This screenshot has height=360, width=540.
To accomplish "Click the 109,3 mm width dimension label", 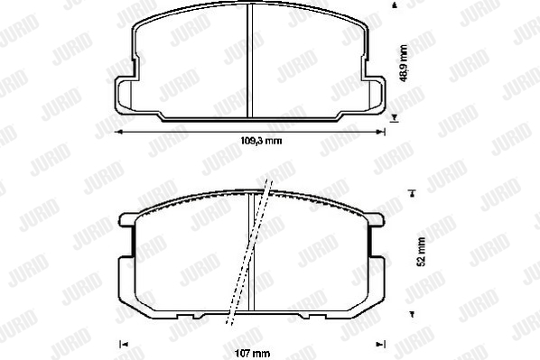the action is click(261, 141).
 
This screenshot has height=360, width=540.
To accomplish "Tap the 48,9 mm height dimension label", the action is click(404, 63).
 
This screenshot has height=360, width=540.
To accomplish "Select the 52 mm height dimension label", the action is click(421, 252).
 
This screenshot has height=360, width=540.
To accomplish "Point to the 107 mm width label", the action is click(253, 354).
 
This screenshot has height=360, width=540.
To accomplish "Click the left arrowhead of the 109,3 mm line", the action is click(118, 132).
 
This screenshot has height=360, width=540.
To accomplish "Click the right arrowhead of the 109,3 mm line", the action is click(380, 132).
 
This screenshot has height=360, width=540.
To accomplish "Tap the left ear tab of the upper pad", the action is click(124, 95).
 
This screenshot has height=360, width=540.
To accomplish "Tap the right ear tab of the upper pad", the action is click(376, 95).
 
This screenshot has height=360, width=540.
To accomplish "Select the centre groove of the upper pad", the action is click(250, 60).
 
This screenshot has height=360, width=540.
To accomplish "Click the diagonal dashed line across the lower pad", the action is click(249, 252).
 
